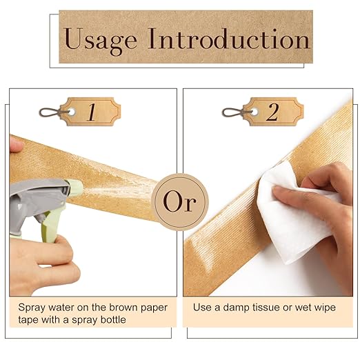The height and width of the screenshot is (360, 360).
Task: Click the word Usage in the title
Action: [101, 41]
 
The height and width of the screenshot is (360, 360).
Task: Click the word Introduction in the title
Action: [229, 39]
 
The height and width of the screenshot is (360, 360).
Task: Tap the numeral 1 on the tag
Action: [92, 112]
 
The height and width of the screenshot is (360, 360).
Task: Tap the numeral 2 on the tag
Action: [272, 112]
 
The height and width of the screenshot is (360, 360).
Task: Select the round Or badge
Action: [180, 202]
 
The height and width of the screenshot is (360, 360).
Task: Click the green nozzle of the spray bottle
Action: [74, 188]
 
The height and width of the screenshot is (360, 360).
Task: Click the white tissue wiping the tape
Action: [297, 212]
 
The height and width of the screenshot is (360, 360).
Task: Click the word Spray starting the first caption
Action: [32, 308]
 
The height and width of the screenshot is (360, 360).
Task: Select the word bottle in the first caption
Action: [113, 320]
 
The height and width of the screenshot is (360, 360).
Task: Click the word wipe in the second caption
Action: [325, 308]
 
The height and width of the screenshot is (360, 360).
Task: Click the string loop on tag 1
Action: [52, 112]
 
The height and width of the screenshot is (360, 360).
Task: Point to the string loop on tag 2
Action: [235, 112]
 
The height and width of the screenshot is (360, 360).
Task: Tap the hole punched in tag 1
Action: [72, 112]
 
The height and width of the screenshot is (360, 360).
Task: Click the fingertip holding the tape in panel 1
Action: [16, 143]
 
